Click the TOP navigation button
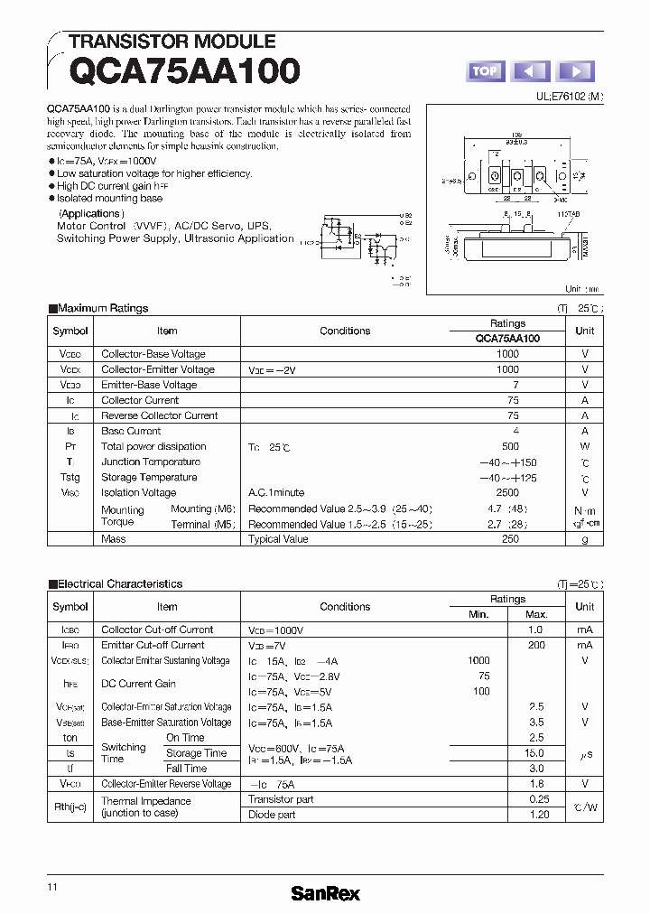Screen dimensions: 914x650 pyautogui.click(x=486, y=71)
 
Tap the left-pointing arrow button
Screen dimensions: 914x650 pyautogui.click(x=531, y=71)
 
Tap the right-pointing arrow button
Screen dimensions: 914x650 pyautogui.click(x=576, y=71)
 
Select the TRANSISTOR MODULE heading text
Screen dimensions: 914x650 pyautogui.click(x=172, y=42)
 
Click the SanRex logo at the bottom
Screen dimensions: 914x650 pyautogui.click(x=325, y=893)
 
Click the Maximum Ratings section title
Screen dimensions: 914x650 pyautogui.click(x=102, y=308)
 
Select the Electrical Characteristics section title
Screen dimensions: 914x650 pyautogui.click(x=119, y=584)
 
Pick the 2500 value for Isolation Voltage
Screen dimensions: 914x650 pyautogui.click(x=507, y=492)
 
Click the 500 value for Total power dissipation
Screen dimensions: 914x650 pyautogui.click(x=510, y=446)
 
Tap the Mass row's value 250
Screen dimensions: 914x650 pyautogui.click(x=510, y=538)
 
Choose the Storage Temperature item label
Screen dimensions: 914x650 pyautogui.click(x=149, y=477)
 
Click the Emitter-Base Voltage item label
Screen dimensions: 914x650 pyautogui.click(x=149, y=385)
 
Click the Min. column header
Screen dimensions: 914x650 pyautogui.click(x=478, y=614)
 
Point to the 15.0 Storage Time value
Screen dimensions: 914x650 pyautogui.click(x=534, y=752)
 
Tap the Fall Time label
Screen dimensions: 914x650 pyautogui.click(x=186, y=768)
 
